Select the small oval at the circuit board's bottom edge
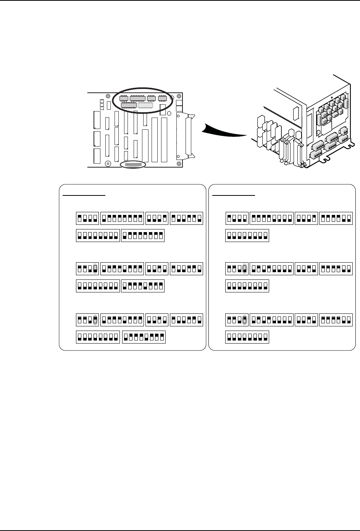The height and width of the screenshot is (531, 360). tap(133, 165)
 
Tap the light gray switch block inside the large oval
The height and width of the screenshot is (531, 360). tap(145, 105)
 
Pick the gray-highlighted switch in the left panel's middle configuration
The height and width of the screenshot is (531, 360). tap(95, 269)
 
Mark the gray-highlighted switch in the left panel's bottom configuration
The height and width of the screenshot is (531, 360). tap(95, 319)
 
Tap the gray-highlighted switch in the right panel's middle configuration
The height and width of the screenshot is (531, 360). tap(244, 269)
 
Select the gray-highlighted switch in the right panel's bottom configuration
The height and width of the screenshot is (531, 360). tap(244, 319)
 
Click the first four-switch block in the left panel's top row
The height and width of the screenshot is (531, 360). tap(87, 218)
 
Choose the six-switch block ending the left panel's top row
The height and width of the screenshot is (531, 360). tap(186, 218)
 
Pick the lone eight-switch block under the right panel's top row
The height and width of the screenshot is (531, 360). tap(247, 236)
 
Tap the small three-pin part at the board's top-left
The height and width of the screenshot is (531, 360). tap(102, 103)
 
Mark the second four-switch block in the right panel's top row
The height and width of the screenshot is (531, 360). tap(307, 218)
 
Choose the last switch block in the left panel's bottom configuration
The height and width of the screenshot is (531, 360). tap(144, 337)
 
